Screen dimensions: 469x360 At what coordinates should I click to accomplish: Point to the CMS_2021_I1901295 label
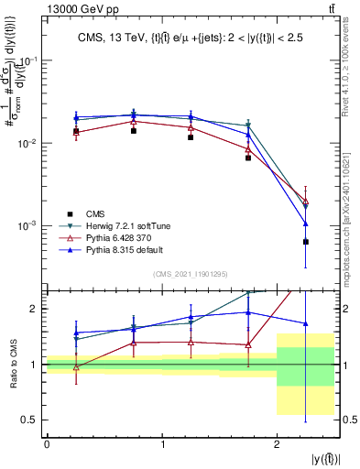tap(191, 273)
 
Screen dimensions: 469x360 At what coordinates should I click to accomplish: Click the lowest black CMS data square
tap(305, 242)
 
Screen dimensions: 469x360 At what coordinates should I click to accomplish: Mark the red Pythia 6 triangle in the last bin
tap(305, 202)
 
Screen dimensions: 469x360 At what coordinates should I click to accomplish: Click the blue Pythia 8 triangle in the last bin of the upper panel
tap(305, 224)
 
